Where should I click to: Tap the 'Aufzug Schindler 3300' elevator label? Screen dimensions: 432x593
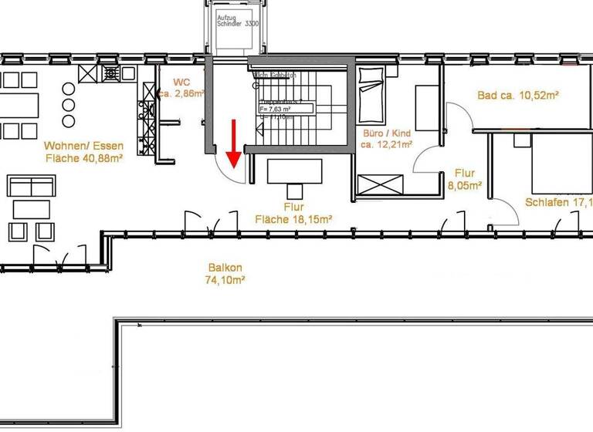(238, 21)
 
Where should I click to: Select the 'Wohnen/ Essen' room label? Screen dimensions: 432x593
(83, 146)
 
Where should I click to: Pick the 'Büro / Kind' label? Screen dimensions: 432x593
(386, 132)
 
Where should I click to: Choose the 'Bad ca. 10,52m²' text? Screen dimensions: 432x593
(518, 96)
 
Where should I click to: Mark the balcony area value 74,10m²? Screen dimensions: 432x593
(225, 281)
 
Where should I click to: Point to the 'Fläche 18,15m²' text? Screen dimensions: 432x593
(293, 220)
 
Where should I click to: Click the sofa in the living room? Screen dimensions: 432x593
(31, 185)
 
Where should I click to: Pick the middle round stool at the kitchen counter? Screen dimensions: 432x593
(69, 105)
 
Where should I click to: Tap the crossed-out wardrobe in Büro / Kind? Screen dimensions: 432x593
(380, 185)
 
